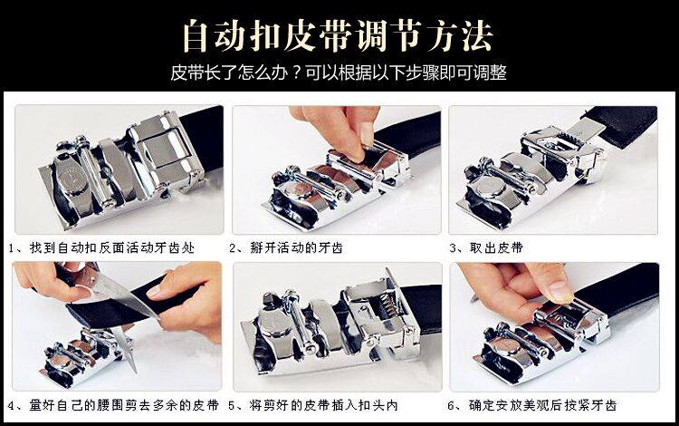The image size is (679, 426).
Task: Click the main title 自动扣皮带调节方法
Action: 338,35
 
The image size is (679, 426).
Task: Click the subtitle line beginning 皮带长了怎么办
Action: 339,73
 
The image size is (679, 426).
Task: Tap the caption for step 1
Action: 101,247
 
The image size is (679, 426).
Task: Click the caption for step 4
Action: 113,406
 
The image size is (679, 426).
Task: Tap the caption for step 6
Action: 531,406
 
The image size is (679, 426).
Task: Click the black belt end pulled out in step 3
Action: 620,123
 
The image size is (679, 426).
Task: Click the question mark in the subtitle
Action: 296,73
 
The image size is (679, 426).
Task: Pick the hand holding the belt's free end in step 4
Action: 187,304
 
